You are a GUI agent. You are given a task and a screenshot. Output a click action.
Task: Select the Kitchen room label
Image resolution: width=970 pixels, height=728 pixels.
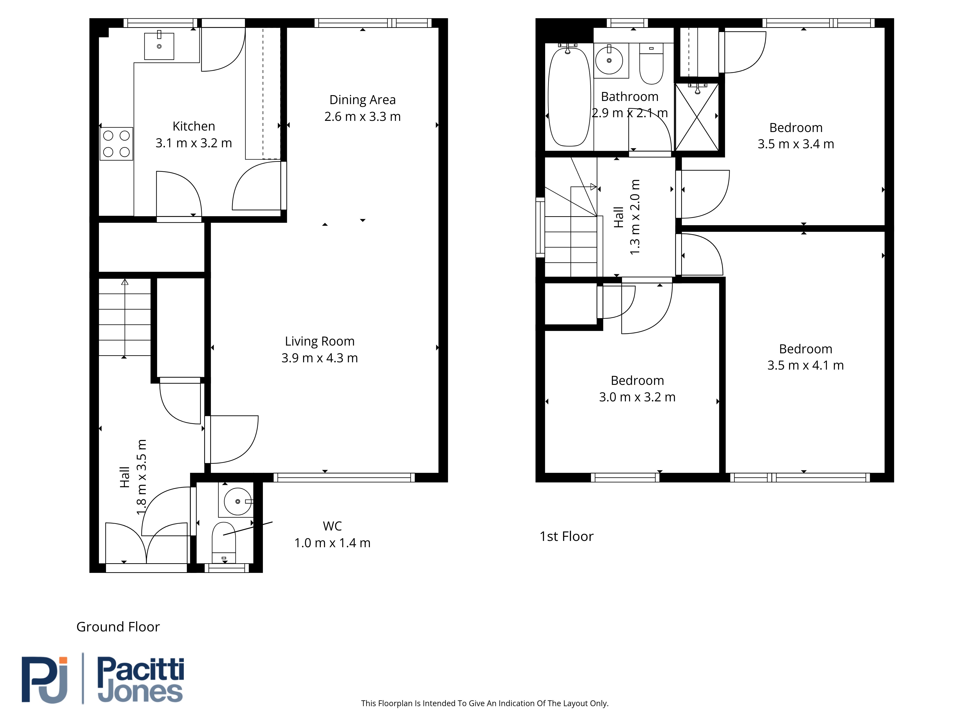[x=194, y=126]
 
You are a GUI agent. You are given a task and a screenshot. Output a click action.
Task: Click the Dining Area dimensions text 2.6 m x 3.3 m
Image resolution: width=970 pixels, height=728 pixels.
[x=363, y=117]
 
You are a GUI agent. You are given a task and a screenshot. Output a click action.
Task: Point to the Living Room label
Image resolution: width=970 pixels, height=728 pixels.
[x=320, y=341]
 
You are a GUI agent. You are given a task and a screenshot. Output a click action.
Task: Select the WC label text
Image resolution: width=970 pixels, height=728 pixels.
[x=332, y=526]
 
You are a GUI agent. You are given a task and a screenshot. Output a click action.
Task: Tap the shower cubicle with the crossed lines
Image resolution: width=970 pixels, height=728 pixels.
[x=697, y=117]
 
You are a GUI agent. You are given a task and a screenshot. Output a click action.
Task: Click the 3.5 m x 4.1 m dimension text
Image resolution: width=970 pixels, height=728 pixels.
[x=806, y=365]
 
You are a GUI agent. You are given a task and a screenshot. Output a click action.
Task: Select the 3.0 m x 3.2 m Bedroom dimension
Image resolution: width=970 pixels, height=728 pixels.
[x=637, y=397]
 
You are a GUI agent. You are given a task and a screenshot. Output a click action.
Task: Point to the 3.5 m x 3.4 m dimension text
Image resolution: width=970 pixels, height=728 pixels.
[x=796, y=144]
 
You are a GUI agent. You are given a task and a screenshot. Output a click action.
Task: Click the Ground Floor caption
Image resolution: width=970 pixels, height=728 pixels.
[x=118, y=627]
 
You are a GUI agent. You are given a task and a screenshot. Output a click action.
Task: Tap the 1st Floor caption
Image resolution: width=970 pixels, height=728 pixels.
[x=566, y=536]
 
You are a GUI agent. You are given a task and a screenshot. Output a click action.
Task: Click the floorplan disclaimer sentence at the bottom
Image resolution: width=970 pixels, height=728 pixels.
[x=485, y=703]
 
